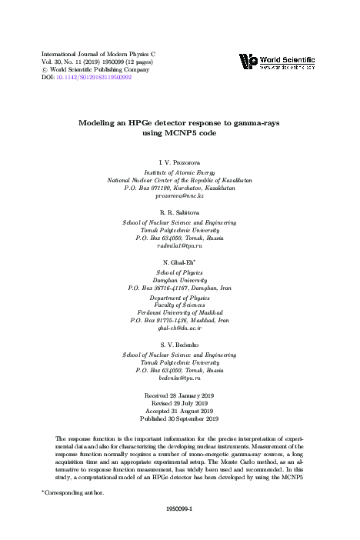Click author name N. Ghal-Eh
pyautogui.click(x=180, y=261)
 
